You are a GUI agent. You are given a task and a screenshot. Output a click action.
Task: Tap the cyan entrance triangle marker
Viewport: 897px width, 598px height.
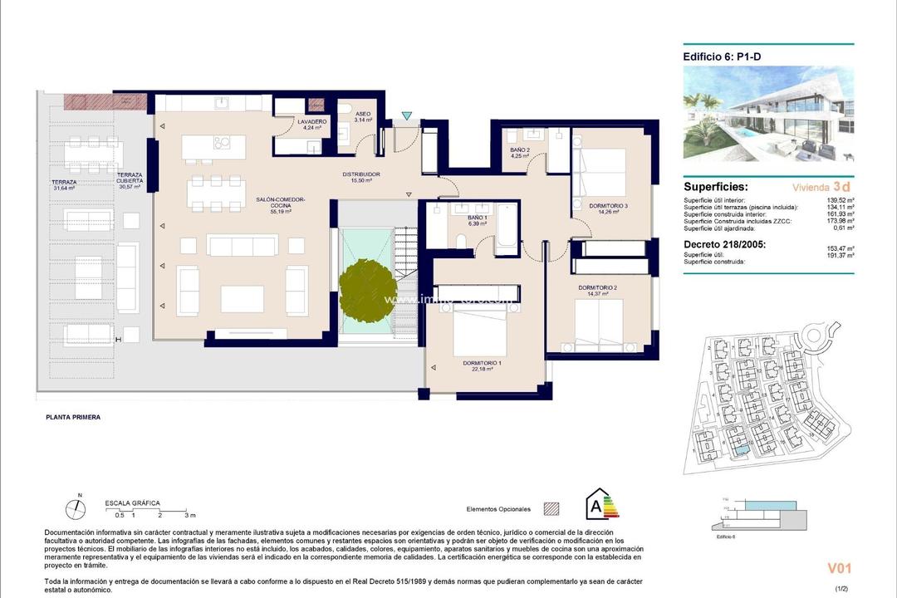pyautogui.click(x=405, y=116)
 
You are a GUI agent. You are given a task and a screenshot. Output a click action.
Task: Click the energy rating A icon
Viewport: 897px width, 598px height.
pyautogui.click(x=602, y=504)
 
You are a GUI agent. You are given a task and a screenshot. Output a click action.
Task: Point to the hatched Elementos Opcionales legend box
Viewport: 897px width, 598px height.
pyautogui.click(x=551, y=508)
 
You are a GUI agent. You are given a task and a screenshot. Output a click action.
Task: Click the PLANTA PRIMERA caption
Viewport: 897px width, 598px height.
pyautogui.click(x=73, y=417)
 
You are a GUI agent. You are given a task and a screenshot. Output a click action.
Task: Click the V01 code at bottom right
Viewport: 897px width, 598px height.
pyautogui.click(x=839, y=568)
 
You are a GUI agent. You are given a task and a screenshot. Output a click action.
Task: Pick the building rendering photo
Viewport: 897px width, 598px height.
pyautogui.click(x=768, y=114)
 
